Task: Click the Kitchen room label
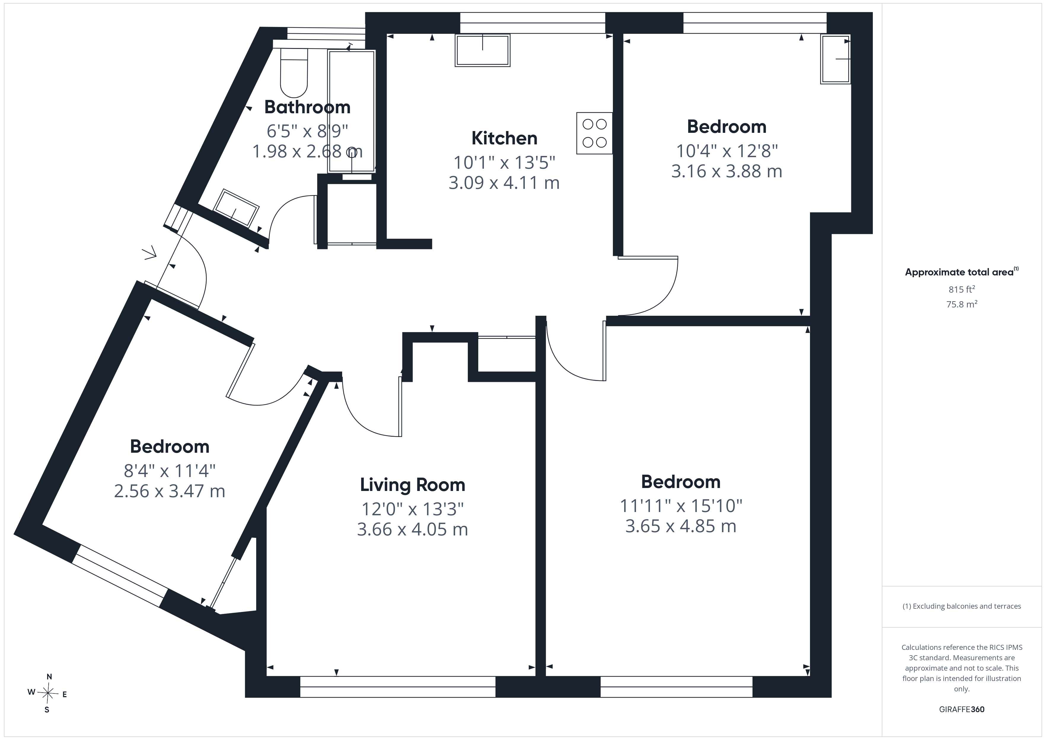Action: (504, 138)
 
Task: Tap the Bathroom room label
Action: (307, 107)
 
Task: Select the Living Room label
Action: (413, 485)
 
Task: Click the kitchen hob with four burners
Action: (594, 133)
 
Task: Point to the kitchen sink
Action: (482, 50)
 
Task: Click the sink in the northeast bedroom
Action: (835, 59)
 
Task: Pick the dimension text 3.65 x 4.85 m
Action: (681, 526)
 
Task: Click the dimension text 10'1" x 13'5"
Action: (504, 162)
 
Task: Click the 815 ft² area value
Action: (962, 289)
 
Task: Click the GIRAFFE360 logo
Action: (962, 709)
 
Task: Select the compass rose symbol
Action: (47, 693)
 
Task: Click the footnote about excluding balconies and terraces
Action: (962, 606)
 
